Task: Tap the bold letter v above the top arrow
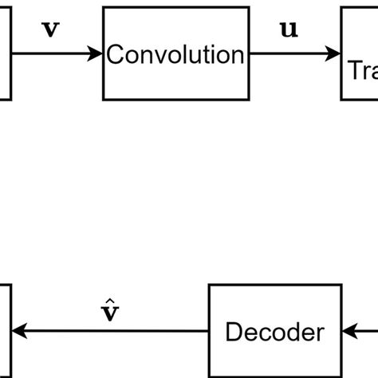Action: point(49,30)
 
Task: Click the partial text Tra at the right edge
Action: point(362,71)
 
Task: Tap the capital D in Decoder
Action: point(233,331)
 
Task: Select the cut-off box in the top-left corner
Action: point(5,54)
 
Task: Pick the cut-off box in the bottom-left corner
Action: point(5,330)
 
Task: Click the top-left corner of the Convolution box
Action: point(104,9)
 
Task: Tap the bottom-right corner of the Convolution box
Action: point(248,100)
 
